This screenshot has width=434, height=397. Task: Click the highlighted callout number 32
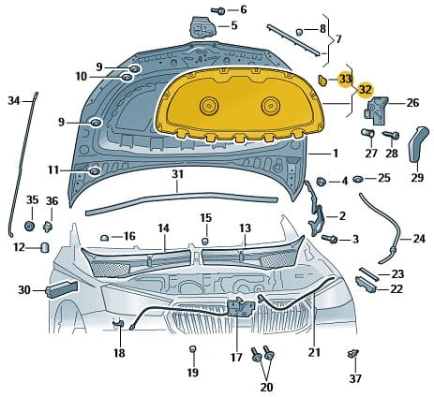pos(366,90)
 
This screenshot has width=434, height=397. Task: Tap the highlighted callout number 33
pos(346,79)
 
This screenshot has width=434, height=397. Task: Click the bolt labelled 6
pos(218,10)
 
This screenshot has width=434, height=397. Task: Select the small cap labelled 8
pos(299,31)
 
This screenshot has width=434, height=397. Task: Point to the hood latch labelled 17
pos(241,306)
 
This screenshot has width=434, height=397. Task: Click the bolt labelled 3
pos(330,239)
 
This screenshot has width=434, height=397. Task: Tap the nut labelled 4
pos(322,182)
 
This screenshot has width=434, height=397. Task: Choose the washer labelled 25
pos(358,179)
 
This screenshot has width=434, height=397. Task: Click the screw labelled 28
pos(391,135)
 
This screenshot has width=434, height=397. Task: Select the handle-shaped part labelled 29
pos(417,144)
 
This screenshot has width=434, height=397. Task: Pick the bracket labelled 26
pos(376,110)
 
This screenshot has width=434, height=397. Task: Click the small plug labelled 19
pos(193,348)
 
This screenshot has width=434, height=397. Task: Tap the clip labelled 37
pos(353,355)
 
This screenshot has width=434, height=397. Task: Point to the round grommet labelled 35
pos(30,226)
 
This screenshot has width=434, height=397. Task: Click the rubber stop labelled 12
pos(45,247)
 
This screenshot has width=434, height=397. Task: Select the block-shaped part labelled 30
pos(61,289)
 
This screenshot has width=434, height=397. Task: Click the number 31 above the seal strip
pos(177,174)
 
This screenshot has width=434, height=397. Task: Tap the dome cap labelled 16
pos(104,238)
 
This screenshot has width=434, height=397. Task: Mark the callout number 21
pos(314,352)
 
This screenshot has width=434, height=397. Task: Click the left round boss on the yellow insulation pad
pos(209,105)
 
